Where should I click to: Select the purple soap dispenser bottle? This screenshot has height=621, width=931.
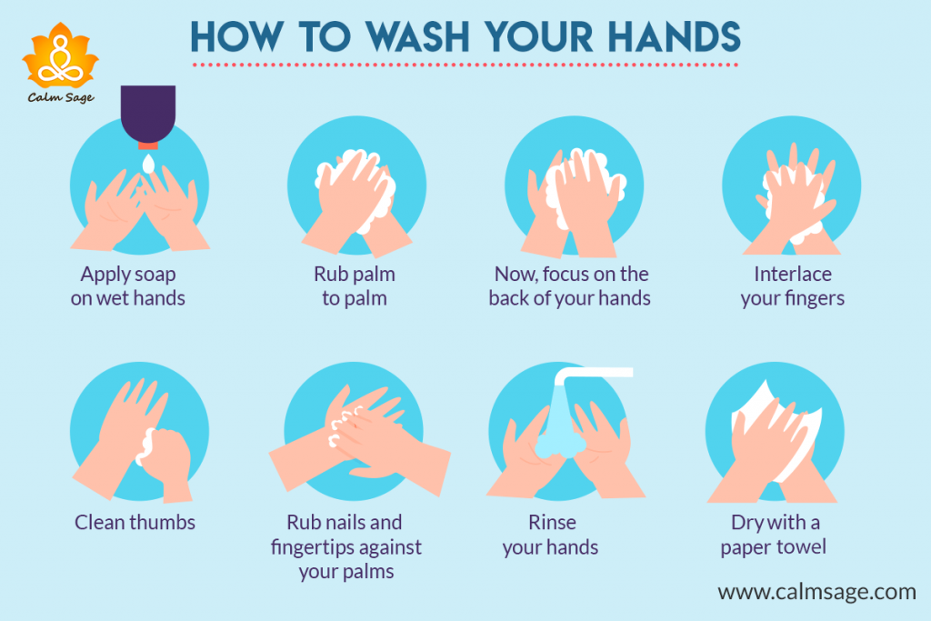click(x=147, y=114)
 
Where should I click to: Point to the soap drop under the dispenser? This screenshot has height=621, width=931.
click(x=147, y=163)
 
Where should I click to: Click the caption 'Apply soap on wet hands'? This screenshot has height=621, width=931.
click(x=127, y=285)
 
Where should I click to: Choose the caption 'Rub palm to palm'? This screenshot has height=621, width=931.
click(x=355, y=285)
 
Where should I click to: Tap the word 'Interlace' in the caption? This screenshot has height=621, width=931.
click(x=793, y=274)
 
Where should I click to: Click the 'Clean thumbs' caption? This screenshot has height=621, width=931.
click(x=135, y=522)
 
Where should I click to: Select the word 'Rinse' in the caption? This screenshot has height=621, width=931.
click(x=552, y=523)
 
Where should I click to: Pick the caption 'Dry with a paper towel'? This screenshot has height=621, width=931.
click(x=775, y=535)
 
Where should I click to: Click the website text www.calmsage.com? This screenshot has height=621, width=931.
click(x=816, y=592)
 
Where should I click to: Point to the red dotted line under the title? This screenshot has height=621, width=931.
click(x=464, y=65)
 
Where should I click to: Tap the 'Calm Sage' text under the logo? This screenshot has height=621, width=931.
click(x=61, y=96)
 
